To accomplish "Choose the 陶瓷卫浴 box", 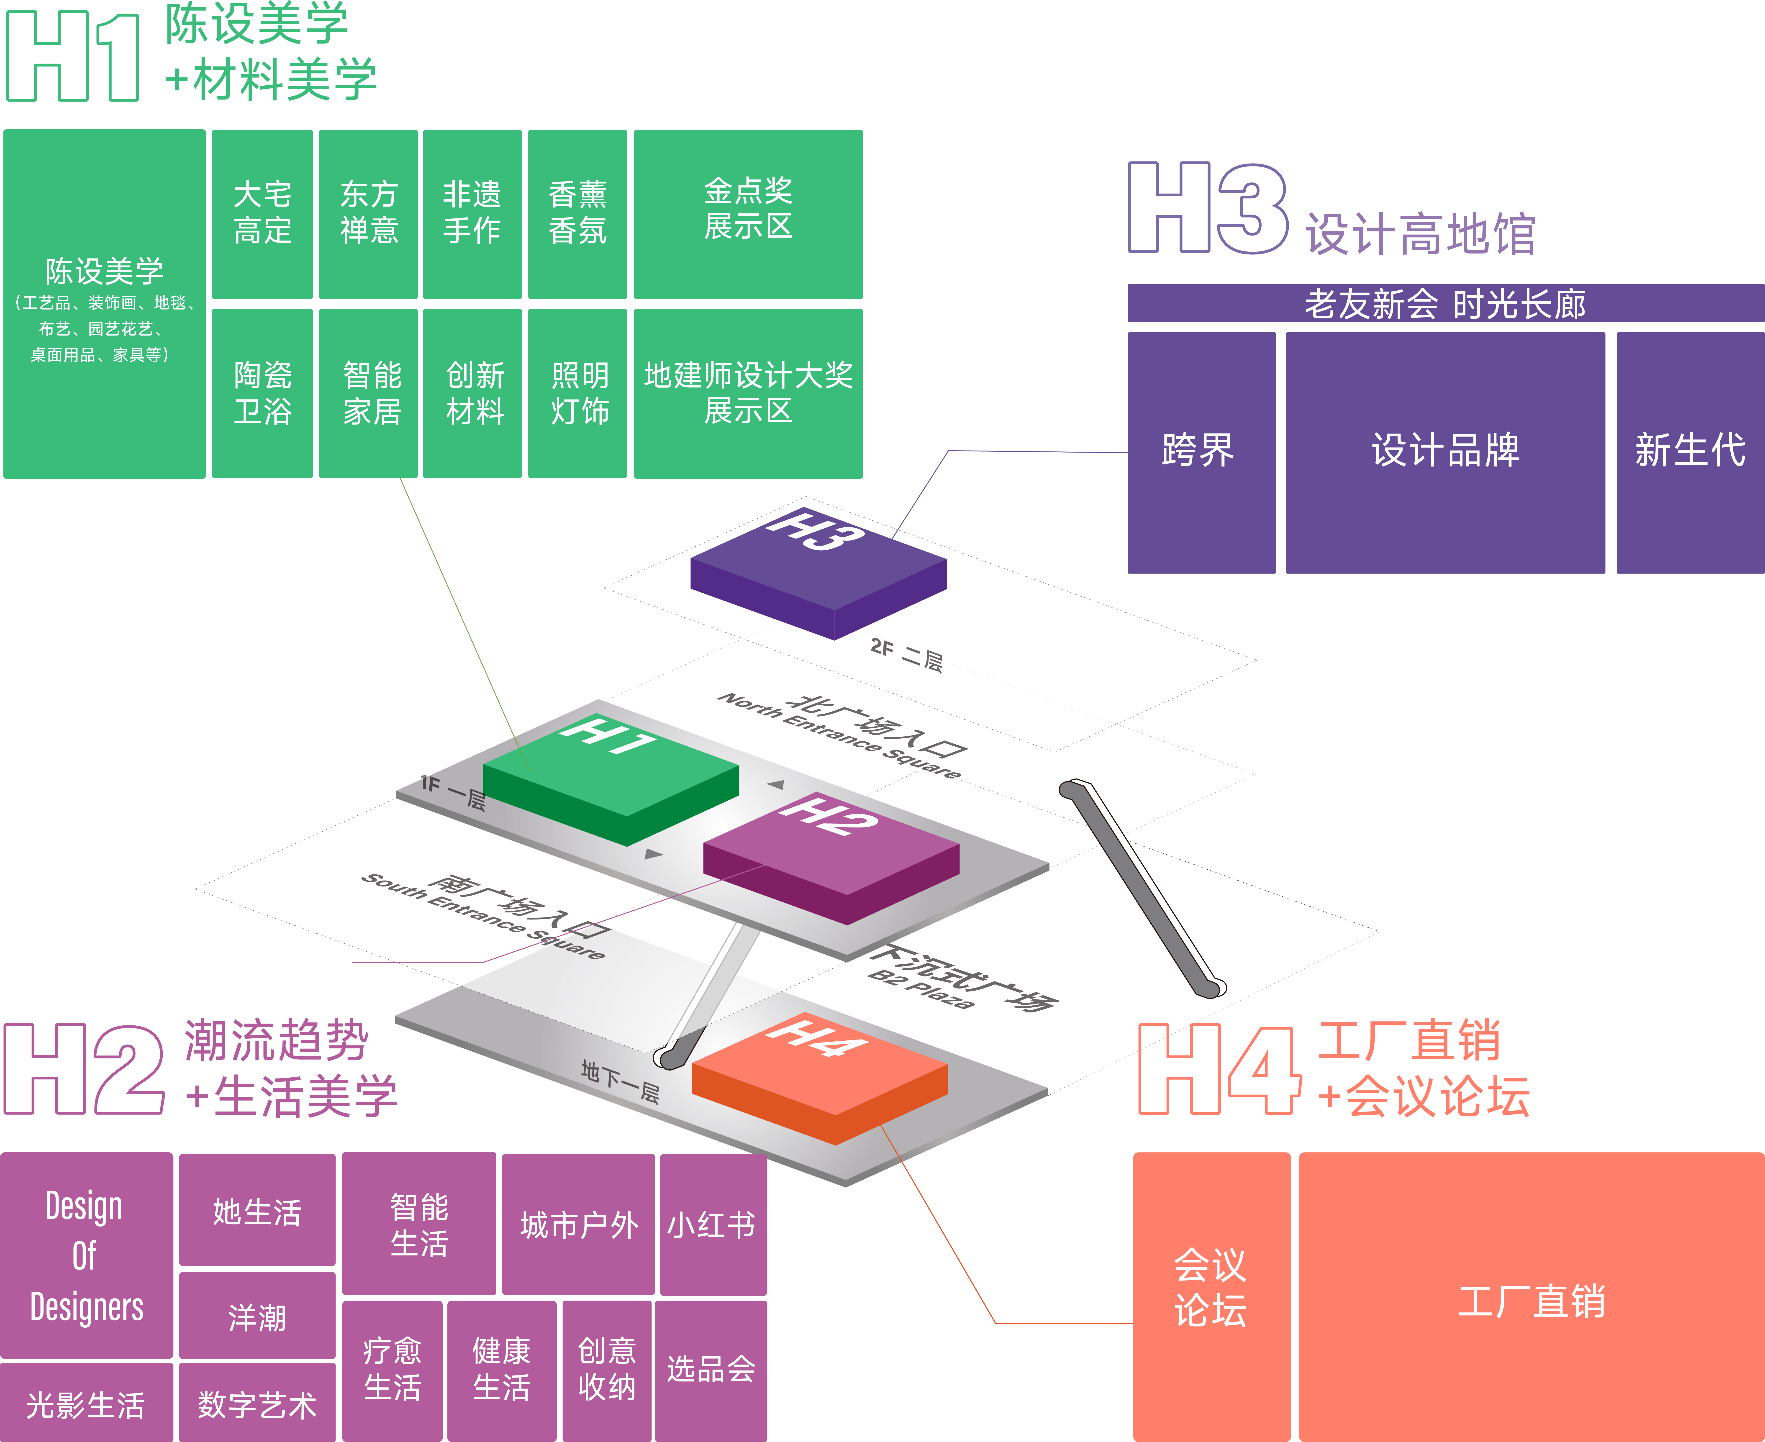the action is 262,393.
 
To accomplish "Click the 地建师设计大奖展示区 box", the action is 748,393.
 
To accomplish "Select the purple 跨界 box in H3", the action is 1201,453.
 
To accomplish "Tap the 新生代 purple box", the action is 1690,453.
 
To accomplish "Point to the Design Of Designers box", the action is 86,1255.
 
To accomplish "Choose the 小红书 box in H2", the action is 713,1224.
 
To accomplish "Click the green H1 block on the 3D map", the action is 611,781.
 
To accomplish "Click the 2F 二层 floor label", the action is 907,655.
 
